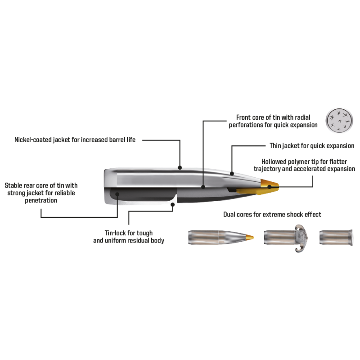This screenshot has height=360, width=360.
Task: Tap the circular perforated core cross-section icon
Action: (x=339, y=121)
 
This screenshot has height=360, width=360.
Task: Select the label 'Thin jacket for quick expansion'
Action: (x=312, y=145)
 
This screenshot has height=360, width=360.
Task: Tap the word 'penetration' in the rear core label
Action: (x=41, y=200)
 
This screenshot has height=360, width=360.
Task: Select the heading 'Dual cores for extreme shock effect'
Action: (x=272, y=214)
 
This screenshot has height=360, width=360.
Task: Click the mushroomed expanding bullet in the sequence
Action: (x=286, y=238)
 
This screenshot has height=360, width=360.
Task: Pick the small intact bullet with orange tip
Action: (x=221, y=238)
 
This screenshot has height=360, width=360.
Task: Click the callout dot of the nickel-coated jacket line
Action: (x=180, y=167)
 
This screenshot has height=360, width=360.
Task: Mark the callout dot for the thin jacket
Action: (x=232, y=174)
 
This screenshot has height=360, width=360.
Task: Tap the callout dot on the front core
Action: (x=203, y=187)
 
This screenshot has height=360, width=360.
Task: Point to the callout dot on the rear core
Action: (x=117, y=194)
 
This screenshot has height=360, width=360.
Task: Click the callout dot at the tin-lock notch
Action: (x=173, y=204)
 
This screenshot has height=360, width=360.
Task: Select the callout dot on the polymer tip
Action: (x=270, y=187)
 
